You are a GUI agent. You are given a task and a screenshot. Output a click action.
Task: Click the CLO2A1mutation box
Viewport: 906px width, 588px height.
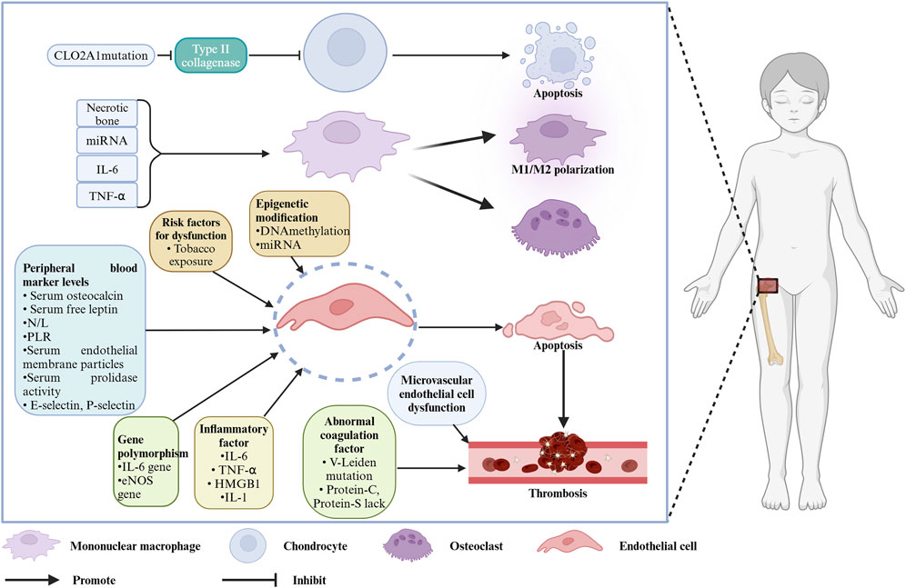(101, 55)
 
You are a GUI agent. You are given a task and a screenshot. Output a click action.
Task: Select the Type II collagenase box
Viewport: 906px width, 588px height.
(211, 55)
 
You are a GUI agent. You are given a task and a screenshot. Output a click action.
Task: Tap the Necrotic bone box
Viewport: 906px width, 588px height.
(107, 113)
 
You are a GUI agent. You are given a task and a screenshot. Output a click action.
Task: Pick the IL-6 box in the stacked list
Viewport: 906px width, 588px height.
(107, 169)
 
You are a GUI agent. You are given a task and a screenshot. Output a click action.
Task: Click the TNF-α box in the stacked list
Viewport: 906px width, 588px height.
(107, 196)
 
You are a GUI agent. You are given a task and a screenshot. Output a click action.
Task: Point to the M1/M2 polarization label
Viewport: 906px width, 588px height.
(562, 170)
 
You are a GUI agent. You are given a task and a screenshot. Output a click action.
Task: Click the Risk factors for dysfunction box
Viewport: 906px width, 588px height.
(191, 241)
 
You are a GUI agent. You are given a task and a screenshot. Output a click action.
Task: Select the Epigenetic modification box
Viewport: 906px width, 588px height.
(300, 224)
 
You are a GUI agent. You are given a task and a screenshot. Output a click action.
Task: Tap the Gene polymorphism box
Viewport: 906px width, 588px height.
(146, 463)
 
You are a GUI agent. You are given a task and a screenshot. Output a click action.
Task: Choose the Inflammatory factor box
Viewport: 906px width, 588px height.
(234, 463)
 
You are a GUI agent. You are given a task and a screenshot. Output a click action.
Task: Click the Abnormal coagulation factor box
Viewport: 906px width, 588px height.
(349, 462)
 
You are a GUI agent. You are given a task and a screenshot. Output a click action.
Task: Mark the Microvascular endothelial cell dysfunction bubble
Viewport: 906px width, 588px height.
(437, 394)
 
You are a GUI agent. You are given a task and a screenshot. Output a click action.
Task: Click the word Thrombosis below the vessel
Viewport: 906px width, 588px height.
(558, 493)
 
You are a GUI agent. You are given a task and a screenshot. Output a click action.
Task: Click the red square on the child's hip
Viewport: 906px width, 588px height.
(768, 285)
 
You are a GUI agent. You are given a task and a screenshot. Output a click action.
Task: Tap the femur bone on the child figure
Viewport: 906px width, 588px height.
(771, 326)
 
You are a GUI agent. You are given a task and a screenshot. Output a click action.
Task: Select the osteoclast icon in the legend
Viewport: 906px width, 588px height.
(408, 546)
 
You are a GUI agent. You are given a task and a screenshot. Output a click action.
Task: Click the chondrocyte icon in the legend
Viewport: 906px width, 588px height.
(248, 545)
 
